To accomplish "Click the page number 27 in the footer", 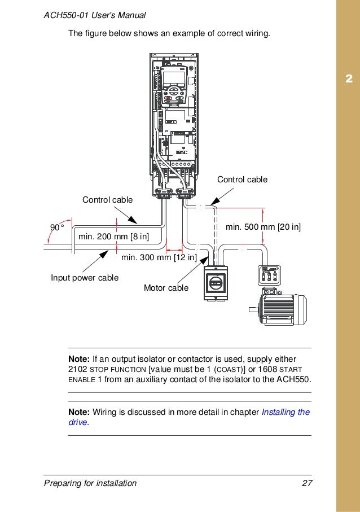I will click(307, 483).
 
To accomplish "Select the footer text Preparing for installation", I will click(90, 483).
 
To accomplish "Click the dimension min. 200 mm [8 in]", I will click(113, 237).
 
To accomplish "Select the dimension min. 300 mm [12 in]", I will click(159, 259).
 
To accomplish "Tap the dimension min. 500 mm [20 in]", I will click(263, 227).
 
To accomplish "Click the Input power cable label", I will click(85, 278).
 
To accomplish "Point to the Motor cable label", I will click(166, 288).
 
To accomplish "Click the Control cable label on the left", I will click(107, 200).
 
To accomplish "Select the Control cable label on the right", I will click(242, 180).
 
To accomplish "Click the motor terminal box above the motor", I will click(268, 275).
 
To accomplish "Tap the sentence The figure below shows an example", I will click(169, 33).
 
